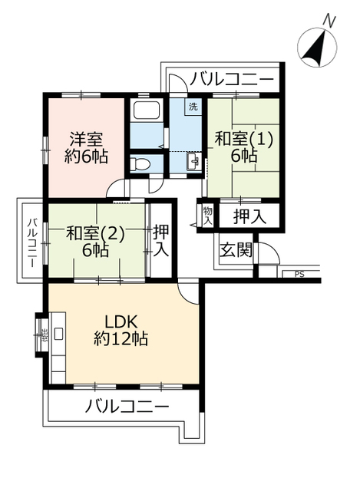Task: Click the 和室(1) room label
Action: (x=243, y=140)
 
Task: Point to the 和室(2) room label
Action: (x=94, y=233)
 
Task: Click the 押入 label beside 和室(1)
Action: (x=249, y=216)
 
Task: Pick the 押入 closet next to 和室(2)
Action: (x=161, y=240)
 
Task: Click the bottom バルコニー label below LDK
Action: (x=127, y=407)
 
